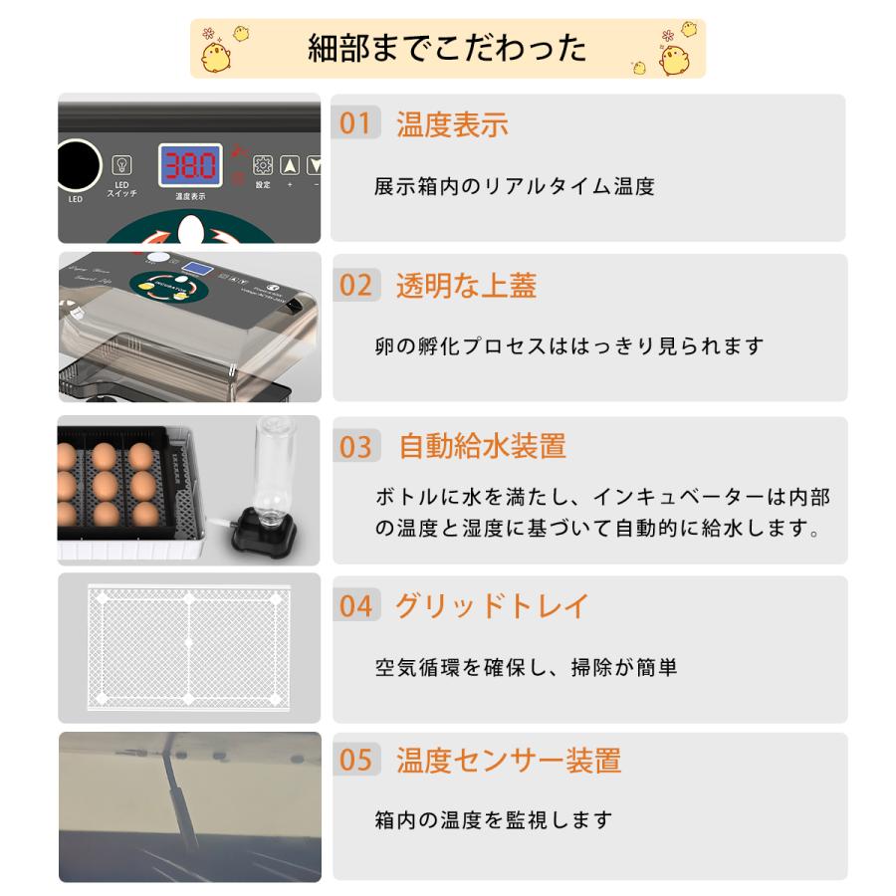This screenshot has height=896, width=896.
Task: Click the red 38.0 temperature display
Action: click(x=190, y=165)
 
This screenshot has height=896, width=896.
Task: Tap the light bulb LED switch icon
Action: click(x=121, y=164)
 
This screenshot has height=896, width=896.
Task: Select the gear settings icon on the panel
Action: click(x=263, y=165)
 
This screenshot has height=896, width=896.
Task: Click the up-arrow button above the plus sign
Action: click(x=290, y=166)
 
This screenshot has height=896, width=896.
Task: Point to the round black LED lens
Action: click(x=78, y=165)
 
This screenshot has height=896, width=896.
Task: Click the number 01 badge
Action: click(x=355, y=124)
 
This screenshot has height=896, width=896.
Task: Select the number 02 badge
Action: click(x=355, y=286)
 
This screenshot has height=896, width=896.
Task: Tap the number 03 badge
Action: click(x=355, y=446)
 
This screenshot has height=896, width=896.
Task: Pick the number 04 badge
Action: click(x=355, y=605)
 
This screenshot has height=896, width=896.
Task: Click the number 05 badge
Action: click(x=355, y=762)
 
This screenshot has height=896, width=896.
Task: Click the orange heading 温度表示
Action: click(x=452, y=124)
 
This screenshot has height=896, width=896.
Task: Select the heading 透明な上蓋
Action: click(x=466, y=286)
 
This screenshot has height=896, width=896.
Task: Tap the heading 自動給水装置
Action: click(x=482, y=446)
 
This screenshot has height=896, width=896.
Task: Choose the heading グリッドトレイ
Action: click(x=492, y=605)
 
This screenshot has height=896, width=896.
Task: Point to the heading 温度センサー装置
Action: click(x=509, y=762)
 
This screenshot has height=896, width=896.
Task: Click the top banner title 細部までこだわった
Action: click(x=447, y=48)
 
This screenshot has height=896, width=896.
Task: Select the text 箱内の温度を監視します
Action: click(x=493, y=820)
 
